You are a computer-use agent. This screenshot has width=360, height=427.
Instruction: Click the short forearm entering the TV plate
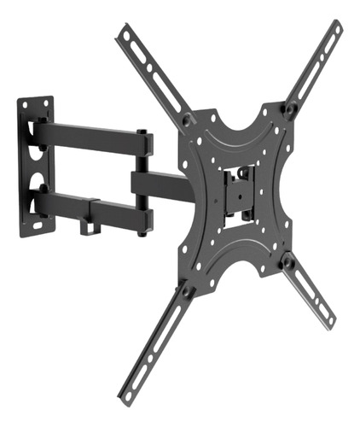pyautogui.click(x=154, y=182)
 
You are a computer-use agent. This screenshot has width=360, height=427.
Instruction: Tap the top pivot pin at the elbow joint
pyautogui.click(x=142, y=132)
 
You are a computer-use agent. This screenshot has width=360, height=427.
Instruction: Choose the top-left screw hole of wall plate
pyautogui.click(x=25, y=105)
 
